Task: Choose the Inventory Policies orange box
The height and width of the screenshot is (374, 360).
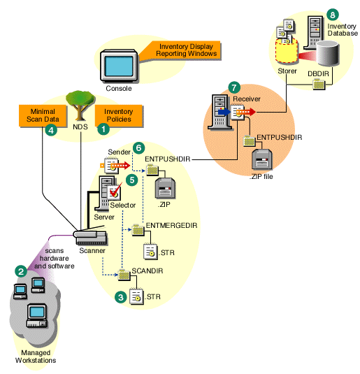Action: pos(118,115)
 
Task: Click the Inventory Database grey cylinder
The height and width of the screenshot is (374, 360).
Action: pos(327,57)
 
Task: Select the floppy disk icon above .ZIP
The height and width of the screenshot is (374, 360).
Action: pos(166,187)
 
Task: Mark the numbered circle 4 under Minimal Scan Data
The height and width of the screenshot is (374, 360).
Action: pos(50,129)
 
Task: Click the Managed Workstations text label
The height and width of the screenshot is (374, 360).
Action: pos(33,357)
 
